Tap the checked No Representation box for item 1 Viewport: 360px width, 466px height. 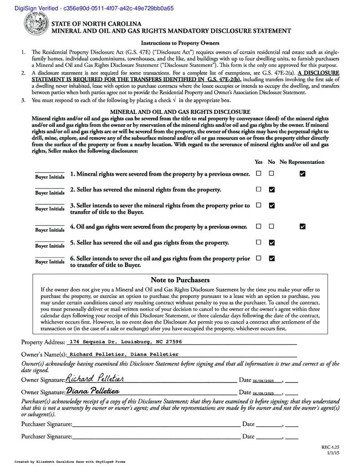[x=303, y=173]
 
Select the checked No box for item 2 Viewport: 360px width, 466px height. [x=272, y=189]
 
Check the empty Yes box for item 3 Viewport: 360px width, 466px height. [x=259, y=205]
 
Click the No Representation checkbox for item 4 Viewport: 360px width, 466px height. [x=303, y=226]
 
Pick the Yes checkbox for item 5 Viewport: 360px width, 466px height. [x=259, y=242]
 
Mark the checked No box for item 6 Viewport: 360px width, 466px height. [x=272, y=258]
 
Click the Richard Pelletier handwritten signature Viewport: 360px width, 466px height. [x=95, y=379]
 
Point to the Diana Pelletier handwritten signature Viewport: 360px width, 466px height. [x=93, y=391]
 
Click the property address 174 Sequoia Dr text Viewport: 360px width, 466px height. [x=126, y=342]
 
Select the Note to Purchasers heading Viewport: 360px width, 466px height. [x=180, y=280]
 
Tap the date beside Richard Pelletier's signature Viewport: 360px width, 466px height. [x=264, y=380]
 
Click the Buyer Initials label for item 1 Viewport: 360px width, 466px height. [x=50, y=177]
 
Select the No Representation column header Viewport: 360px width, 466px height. [x=302, y=162]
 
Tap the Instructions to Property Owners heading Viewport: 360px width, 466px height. [x=180, y=43]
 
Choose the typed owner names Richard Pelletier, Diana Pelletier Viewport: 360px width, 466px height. [x=124, y=354]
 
